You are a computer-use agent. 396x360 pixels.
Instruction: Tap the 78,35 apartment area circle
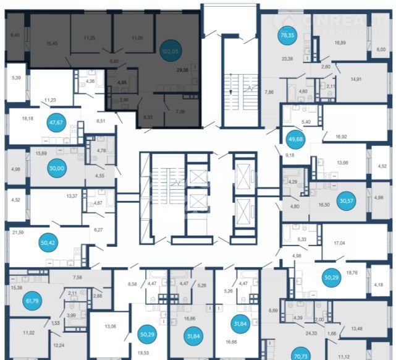pyautogui.click(x=287, y=35)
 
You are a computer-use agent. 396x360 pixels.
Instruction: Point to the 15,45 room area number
pyautogui.click(x=52, y=43)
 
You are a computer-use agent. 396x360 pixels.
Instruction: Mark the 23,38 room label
pyautogui.click(x=288, y=59)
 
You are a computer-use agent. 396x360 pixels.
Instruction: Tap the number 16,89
pyautogui.click(x=342, y=43)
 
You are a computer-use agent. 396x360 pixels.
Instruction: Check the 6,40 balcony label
pyautogui.click(x=15, y=35)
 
